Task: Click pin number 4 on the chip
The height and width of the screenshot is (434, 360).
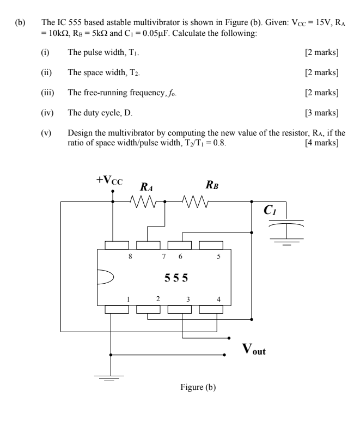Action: [218, 299]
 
